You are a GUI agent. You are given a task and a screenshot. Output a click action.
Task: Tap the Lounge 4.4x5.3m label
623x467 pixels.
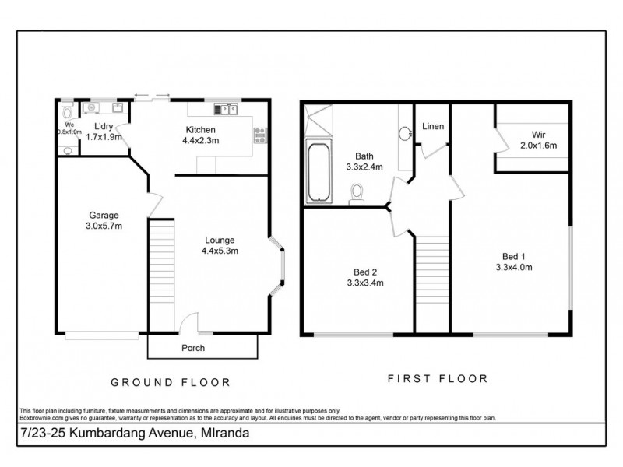tap(220, 245)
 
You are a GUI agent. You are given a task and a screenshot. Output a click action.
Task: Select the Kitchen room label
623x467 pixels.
tap(200, 135)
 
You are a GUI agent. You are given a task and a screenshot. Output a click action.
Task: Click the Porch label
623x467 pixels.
tap(193, 348)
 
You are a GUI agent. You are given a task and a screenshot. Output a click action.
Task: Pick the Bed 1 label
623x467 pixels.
tap(513, 262)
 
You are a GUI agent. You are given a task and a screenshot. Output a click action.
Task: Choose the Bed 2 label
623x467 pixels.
tap(364, 277)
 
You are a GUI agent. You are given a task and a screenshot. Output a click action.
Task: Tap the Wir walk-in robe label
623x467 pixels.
tap(538, 139)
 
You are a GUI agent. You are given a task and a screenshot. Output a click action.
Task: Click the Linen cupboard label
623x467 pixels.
tap(433, 126)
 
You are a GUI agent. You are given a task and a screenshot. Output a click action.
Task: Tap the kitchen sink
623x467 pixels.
tap(227, 110)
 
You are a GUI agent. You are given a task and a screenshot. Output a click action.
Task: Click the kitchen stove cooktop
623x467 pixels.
tap(260, 135)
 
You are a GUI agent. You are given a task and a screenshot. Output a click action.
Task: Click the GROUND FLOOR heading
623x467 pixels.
tap(170, 382)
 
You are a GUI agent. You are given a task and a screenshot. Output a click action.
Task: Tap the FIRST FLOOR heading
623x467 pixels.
tap(438, 379)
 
